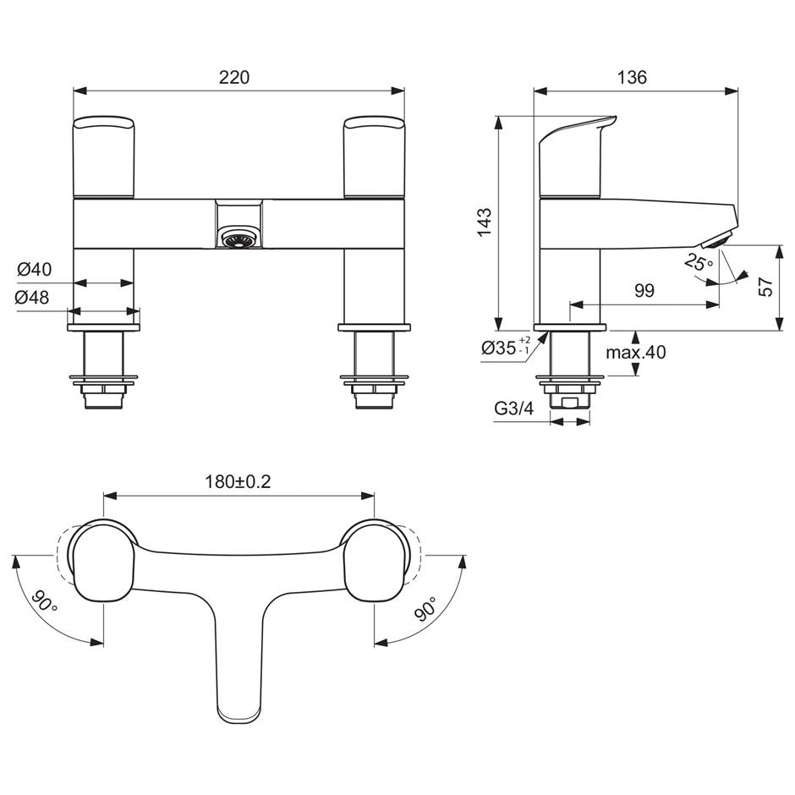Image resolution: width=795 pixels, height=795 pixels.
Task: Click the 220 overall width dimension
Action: click(234, 77)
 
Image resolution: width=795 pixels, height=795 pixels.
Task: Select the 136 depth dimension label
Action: click(632, 77)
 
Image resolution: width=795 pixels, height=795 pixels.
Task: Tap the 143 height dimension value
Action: click(484, 222)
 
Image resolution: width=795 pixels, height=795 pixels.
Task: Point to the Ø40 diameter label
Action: click(35, 270)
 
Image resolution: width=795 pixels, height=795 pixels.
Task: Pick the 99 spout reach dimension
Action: click(644, 290)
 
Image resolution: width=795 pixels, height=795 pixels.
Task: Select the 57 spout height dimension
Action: click(765, 287)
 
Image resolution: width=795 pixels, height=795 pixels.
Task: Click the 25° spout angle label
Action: click(699, 263)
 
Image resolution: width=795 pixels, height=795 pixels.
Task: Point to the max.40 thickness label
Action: click(636, 352)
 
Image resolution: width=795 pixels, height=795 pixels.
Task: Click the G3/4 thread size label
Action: click(514, 409)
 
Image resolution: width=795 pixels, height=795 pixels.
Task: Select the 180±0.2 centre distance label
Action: click(238, 481)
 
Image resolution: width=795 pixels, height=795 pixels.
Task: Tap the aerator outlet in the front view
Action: click(238, 240)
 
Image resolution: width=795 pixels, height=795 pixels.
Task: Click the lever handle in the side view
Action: click(571, 156)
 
